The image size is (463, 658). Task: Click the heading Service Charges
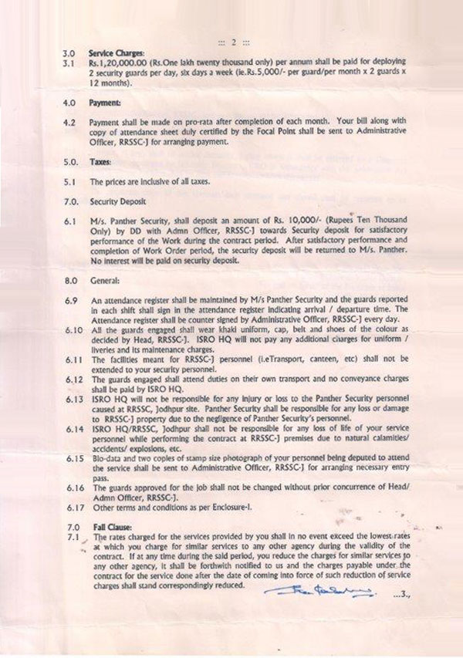(x=112, y=51)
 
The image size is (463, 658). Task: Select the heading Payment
(x=106, y=100)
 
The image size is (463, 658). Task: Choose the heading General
(x=104, y=282)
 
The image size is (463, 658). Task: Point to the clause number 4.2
(x=69, y=122)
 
